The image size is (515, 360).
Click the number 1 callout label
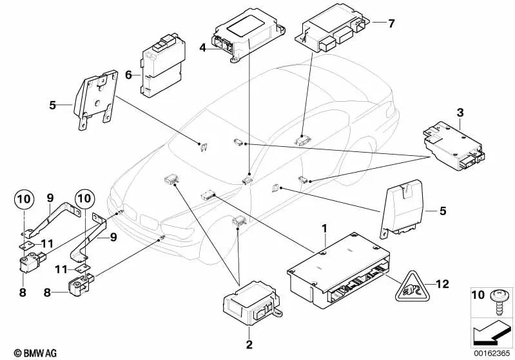(325, 229)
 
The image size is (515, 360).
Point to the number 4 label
(202, 47)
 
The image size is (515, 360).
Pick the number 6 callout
(129, 75)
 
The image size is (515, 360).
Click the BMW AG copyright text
(26, 353)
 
